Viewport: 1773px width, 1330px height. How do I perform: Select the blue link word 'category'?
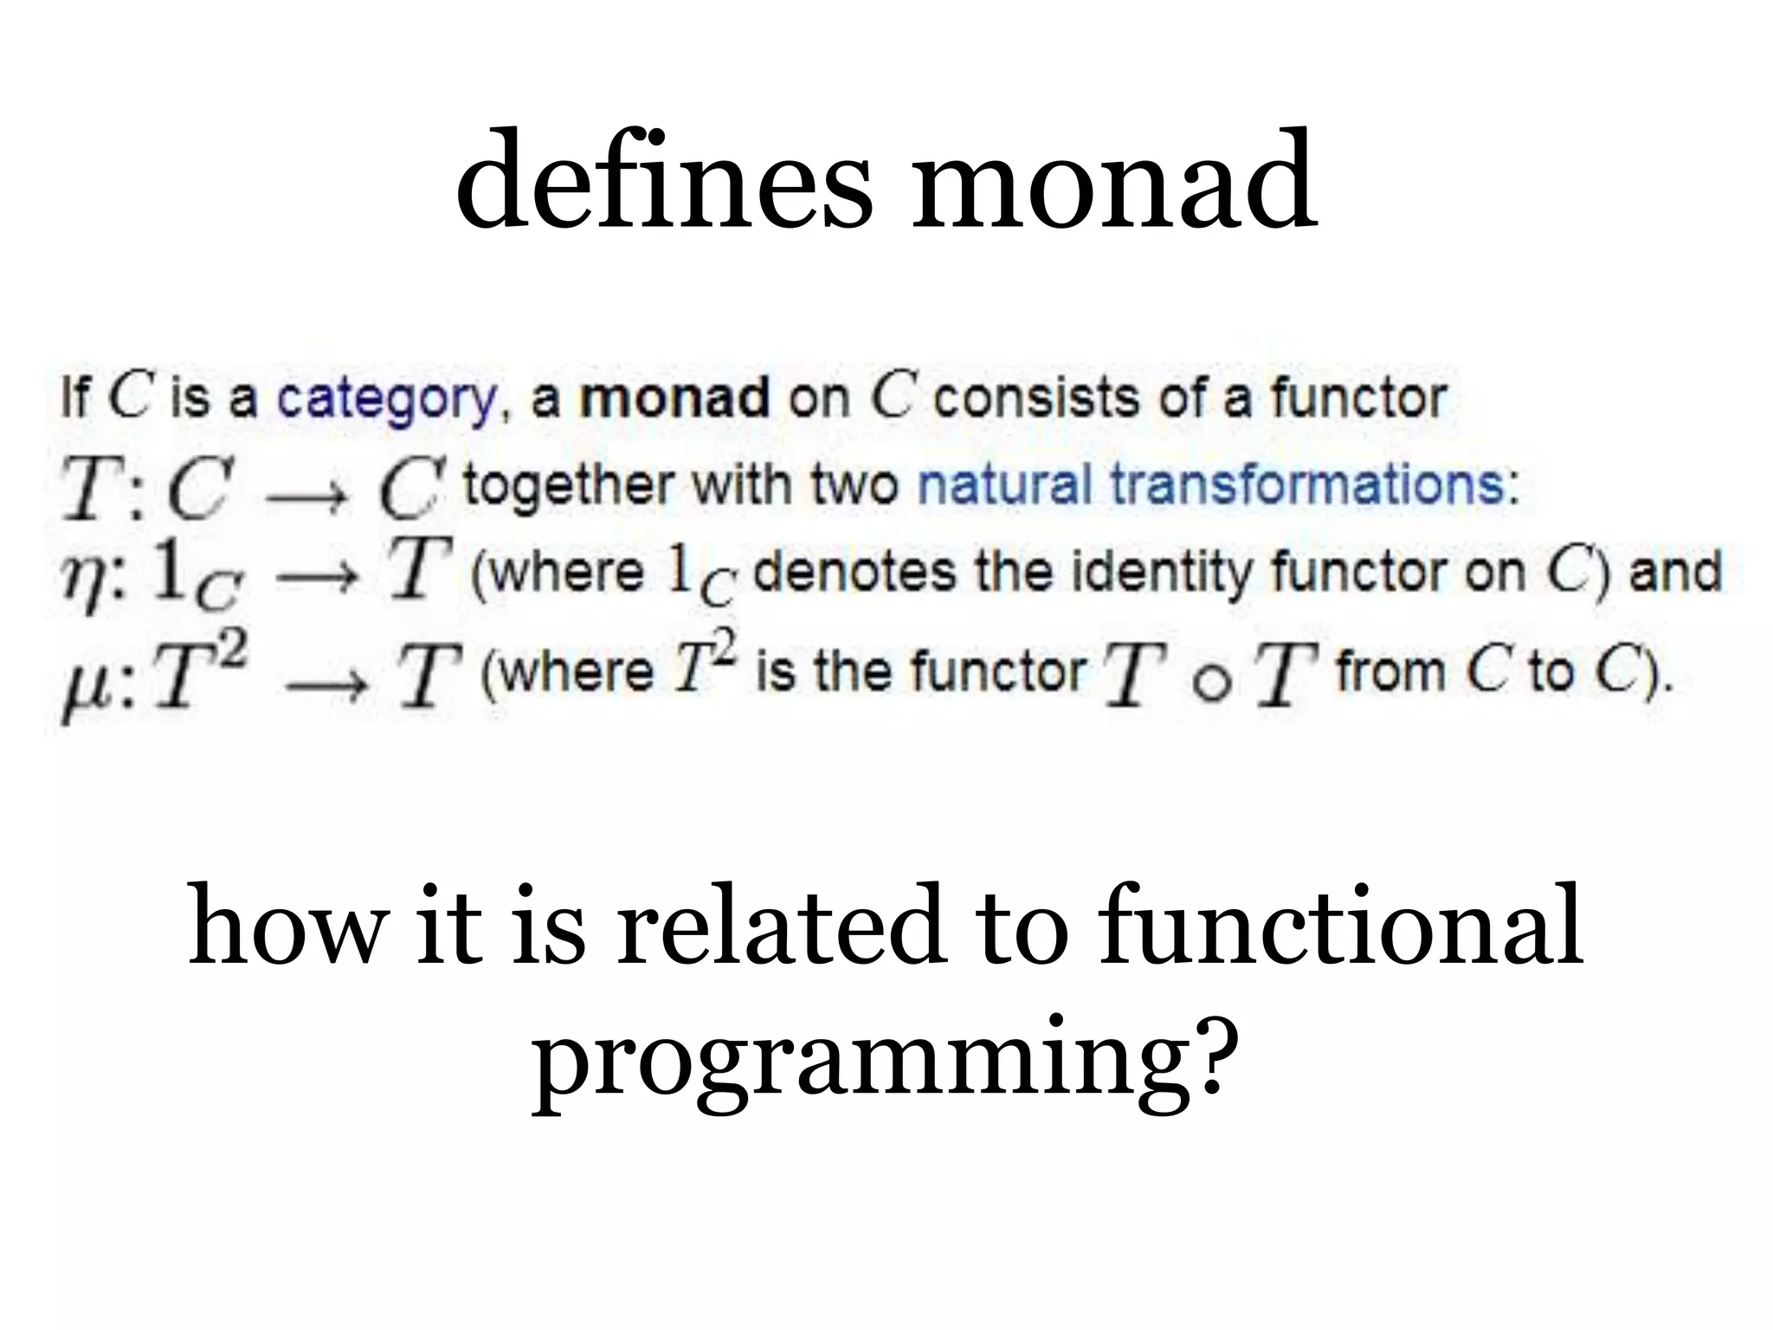386,401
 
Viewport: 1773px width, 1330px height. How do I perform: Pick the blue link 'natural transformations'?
1216,485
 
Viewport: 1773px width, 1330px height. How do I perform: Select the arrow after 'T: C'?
306,500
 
